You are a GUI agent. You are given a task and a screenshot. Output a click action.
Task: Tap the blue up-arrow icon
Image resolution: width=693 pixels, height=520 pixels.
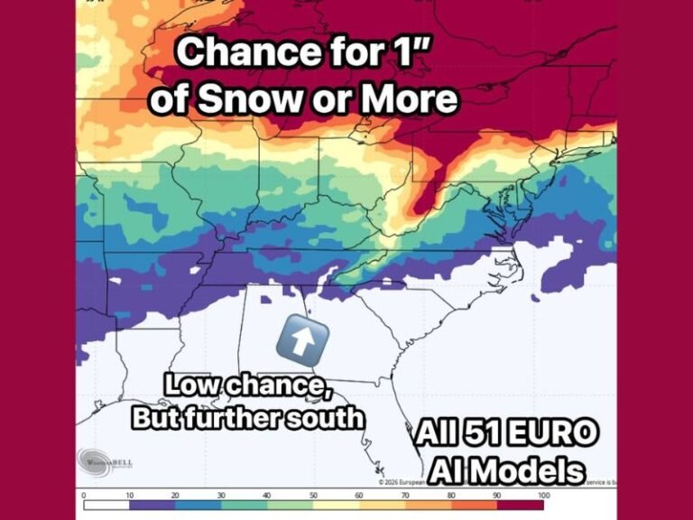point(307,337)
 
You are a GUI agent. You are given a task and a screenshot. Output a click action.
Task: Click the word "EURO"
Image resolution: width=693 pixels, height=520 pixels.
point(550,435)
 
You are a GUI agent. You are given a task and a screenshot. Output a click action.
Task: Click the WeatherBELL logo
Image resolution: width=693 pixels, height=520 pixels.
point(106,461)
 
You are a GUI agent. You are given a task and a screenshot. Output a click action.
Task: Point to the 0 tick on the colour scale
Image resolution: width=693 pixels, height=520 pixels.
point(83,496)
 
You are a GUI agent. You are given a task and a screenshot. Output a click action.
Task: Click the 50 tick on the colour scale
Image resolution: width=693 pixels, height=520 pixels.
point(314,496)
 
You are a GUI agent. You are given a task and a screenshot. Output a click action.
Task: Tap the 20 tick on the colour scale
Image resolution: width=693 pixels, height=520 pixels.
point(176,496)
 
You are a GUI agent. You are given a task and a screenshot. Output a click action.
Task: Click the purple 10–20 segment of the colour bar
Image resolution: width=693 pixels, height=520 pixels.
point(152,506)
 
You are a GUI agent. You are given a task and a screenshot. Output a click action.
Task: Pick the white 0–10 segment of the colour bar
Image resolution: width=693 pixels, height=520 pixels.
point(106,506)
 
